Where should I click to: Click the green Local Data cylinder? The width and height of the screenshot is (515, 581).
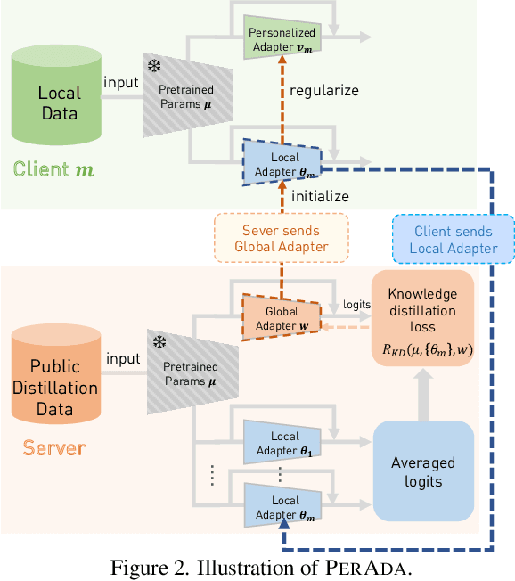coord(59,102)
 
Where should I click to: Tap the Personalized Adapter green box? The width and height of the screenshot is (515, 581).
coord(281,37)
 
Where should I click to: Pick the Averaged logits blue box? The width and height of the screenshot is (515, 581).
coord(423,471)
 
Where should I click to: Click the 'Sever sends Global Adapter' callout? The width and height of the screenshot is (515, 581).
coord(282,239)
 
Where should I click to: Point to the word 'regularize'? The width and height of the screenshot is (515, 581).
coord(323,90)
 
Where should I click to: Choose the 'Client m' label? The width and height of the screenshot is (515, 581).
coord(56,168)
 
